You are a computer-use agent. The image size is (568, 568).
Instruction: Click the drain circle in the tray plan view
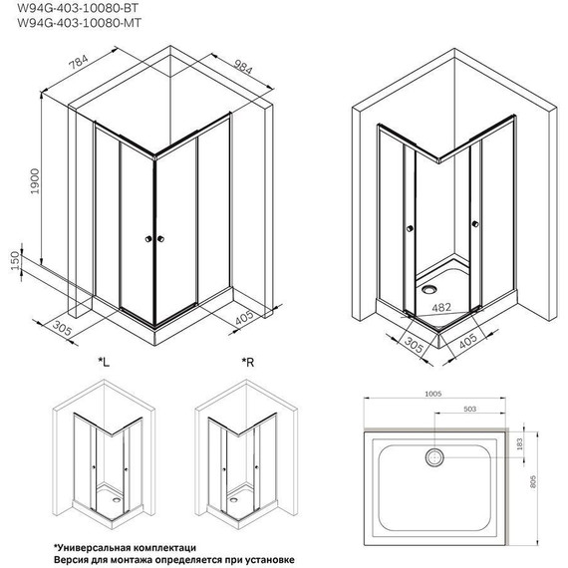pos(434,457)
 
